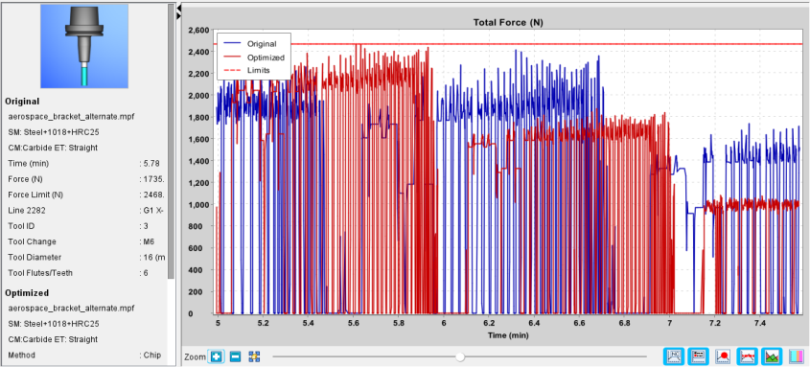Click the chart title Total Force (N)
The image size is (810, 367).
point(508,22)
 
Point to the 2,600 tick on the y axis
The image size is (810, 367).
point(198,30)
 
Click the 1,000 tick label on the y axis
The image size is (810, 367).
point(198,204)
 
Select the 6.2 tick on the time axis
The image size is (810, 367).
point(489,323)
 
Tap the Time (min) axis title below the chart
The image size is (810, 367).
point(508,335)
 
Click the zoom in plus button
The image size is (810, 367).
point(216,356)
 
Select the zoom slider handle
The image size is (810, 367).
point(460,356)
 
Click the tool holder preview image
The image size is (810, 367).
point(84,46)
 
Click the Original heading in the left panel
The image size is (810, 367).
point(22,102)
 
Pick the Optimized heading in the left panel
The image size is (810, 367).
point(27,292)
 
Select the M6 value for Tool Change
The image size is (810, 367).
point(149,241)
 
